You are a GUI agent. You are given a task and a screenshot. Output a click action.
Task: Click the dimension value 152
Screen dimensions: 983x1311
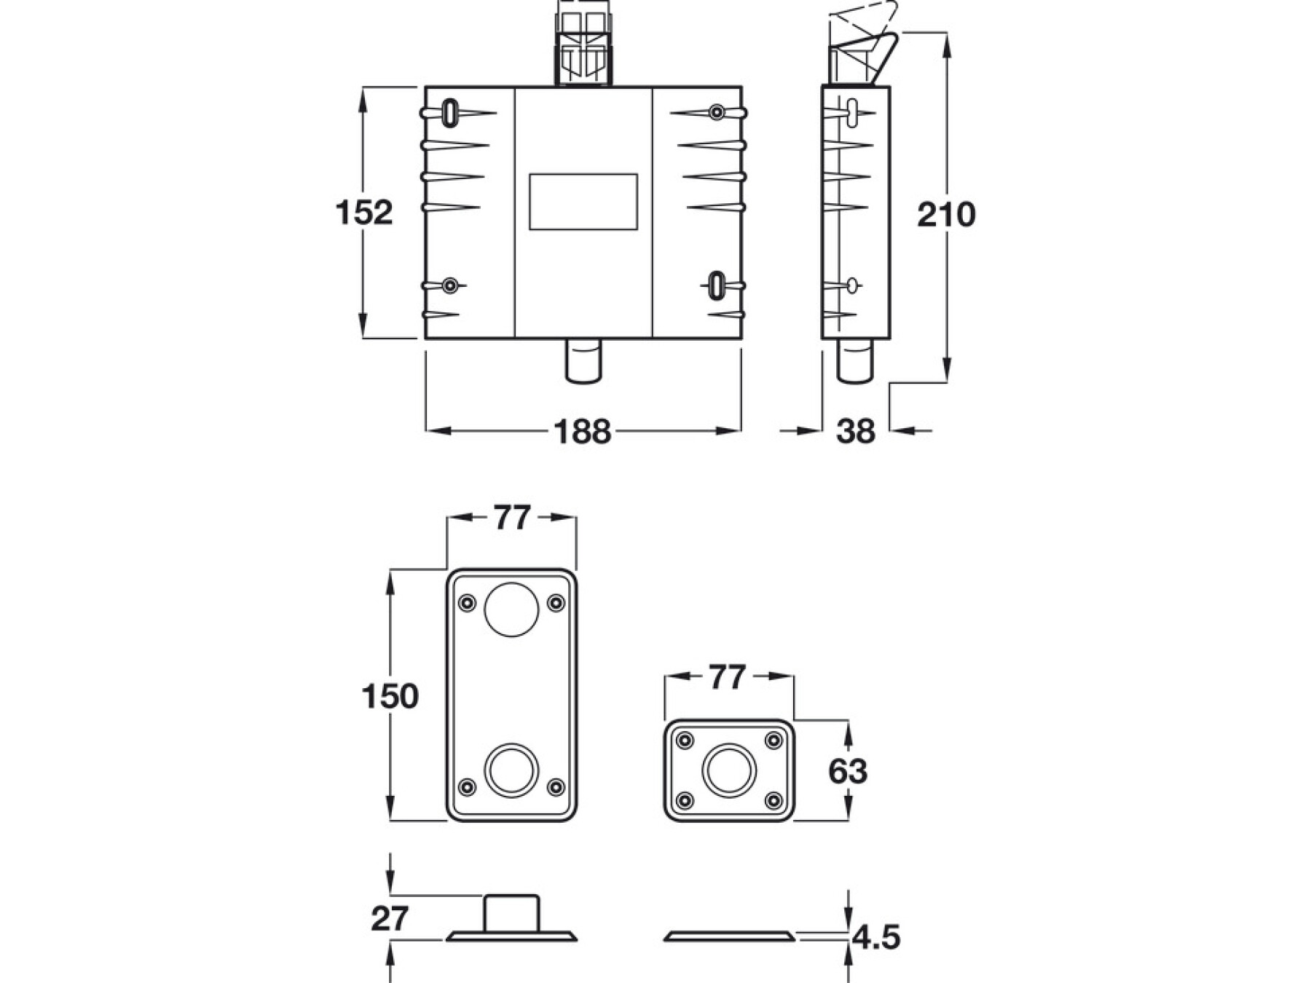tap(363, 213)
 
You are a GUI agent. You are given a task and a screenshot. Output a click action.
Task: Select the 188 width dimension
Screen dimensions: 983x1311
tap(582, 431)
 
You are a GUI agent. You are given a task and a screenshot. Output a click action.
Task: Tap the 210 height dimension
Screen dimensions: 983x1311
tap(945, 215)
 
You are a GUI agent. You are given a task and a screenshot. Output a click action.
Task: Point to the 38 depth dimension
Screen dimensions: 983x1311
tap(855, 431)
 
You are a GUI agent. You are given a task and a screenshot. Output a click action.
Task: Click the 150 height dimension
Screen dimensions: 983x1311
tap(390, 696)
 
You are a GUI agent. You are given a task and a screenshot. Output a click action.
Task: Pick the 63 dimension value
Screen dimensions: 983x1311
tap(847, 771)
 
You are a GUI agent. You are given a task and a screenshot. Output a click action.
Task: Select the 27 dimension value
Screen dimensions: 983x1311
tap(390, 919)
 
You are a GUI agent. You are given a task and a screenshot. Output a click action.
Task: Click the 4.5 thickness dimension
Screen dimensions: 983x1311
tap(875, 937)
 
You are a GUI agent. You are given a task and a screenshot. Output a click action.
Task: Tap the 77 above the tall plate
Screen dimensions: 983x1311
tap(511, 518)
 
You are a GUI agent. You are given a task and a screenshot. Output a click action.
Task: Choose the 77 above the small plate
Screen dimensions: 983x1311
tap(728, 677)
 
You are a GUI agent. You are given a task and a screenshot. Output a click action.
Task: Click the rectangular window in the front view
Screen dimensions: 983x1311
tap(583, 202)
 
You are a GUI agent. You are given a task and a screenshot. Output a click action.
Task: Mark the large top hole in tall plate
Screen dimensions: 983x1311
tap(511, 609)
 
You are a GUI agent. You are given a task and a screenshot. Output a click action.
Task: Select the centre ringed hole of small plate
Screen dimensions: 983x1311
tap(729, 770)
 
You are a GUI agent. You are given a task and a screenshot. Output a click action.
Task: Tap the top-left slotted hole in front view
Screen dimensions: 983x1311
tap(450, 113)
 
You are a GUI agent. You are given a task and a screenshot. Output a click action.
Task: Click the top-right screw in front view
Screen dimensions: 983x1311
tap(717, 112)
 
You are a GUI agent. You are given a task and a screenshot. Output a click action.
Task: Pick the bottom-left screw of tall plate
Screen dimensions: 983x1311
tap(467, 787)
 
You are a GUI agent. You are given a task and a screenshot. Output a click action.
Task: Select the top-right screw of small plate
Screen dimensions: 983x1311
tap(773, 741)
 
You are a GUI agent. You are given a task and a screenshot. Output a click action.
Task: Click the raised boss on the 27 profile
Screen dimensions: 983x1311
tap(511, 913)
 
